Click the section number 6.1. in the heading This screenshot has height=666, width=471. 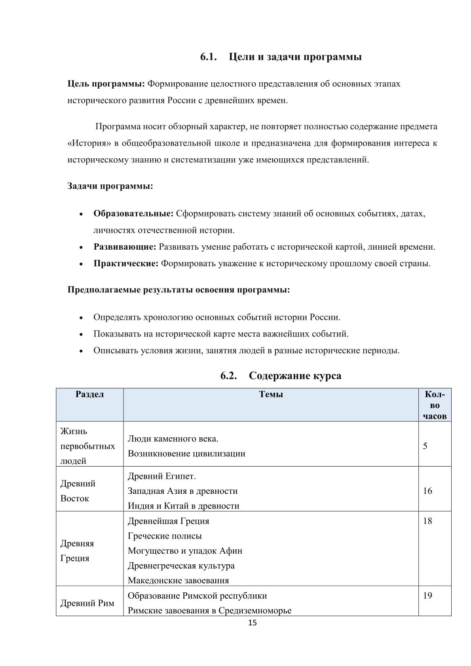[209, 57]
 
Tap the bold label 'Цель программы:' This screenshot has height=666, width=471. [107, 84]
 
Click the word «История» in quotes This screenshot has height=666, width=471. [89, 143]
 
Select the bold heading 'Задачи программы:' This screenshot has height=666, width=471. [110, 186]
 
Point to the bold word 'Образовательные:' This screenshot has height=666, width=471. [133, 214]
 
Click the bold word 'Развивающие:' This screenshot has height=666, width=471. [125, 247]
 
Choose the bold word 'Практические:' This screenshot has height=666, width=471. [126, 264]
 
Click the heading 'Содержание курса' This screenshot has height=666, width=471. [295, 376]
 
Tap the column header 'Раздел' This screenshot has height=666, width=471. [90, 394]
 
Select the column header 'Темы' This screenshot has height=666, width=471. [271, 394]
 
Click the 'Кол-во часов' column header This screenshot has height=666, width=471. [435, 405]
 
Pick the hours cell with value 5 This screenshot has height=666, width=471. [425, 446]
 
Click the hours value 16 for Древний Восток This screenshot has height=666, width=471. [427, 491]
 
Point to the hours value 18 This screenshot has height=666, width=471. [427, 521]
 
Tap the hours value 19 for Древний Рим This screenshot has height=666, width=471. [427, 596]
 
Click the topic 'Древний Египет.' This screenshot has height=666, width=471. [161, 476]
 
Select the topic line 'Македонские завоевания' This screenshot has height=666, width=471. [178, 581]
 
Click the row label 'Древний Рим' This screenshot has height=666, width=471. [87, 603]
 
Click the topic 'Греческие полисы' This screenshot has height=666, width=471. [165, 536]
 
